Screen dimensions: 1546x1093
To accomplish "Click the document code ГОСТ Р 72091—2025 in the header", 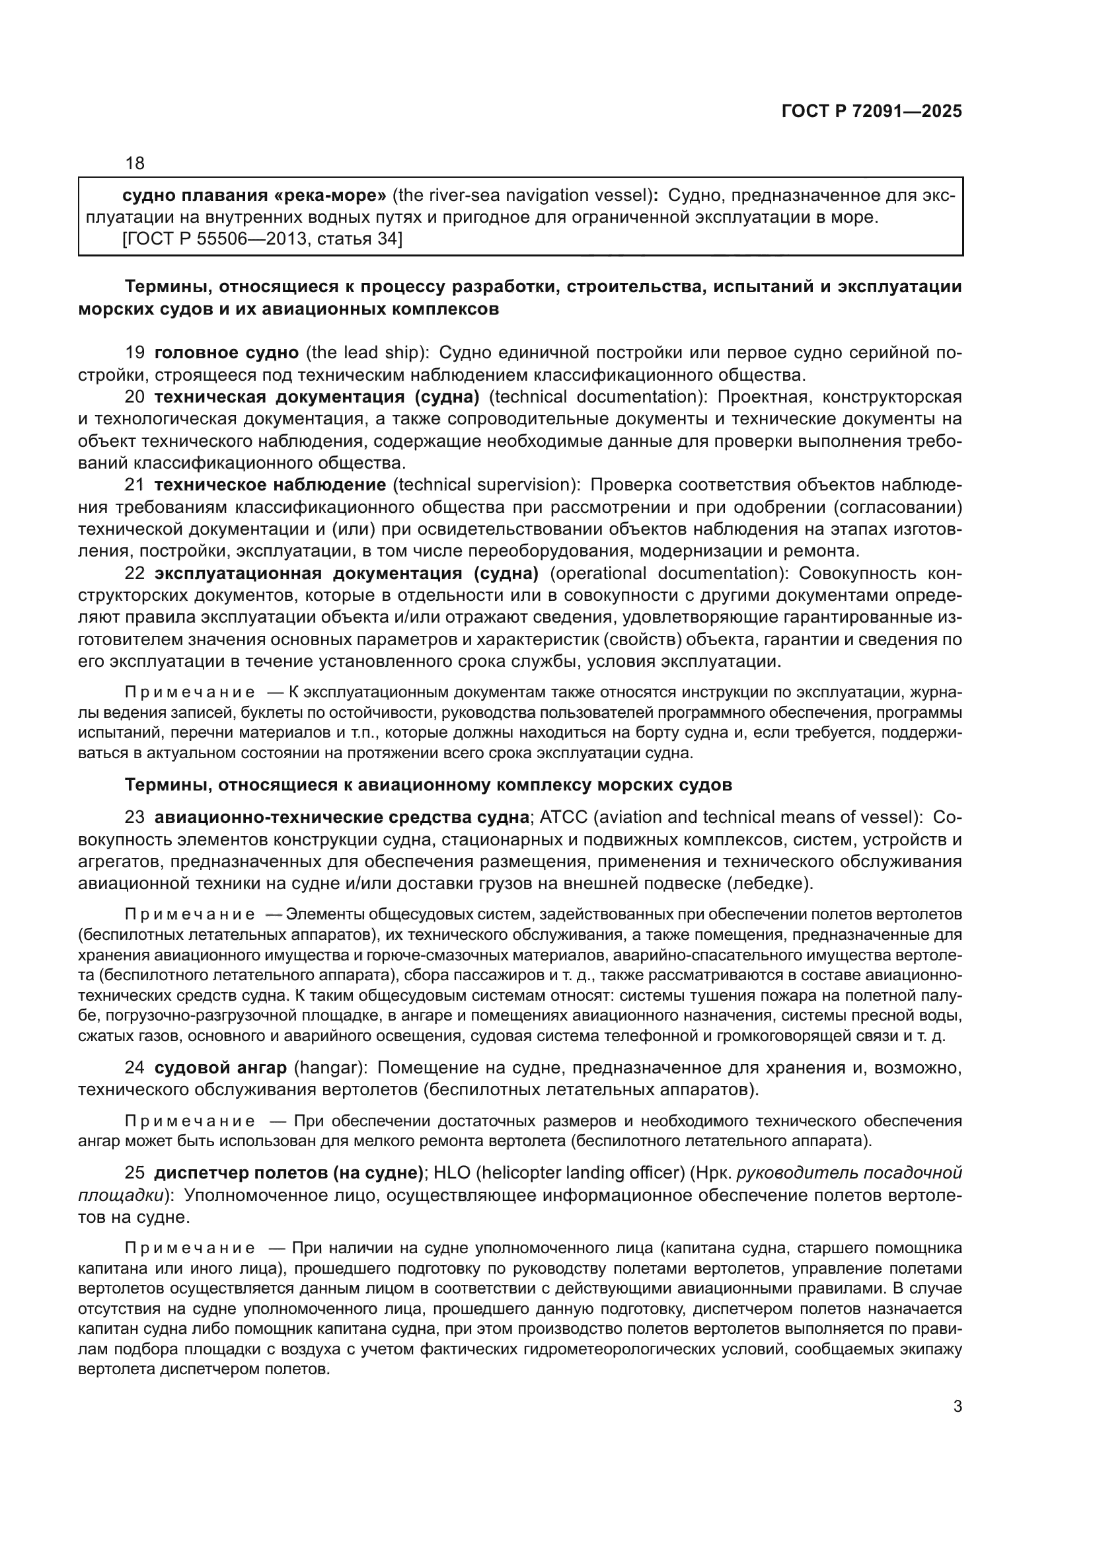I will [872, 111].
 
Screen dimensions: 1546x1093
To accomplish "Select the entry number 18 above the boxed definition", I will [135, 163].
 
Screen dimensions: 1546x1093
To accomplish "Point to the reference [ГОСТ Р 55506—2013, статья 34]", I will [262, 239].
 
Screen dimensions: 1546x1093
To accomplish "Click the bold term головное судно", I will [227, 352].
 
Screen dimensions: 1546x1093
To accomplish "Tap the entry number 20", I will [135, 397].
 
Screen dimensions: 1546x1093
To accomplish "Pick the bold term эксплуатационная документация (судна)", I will [347, 573].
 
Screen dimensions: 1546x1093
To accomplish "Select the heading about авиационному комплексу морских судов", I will [429, 785].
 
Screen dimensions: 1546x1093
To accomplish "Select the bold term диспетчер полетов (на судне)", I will [288, 1173].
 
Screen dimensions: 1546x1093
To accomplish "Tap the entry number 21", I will [135, 484].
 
